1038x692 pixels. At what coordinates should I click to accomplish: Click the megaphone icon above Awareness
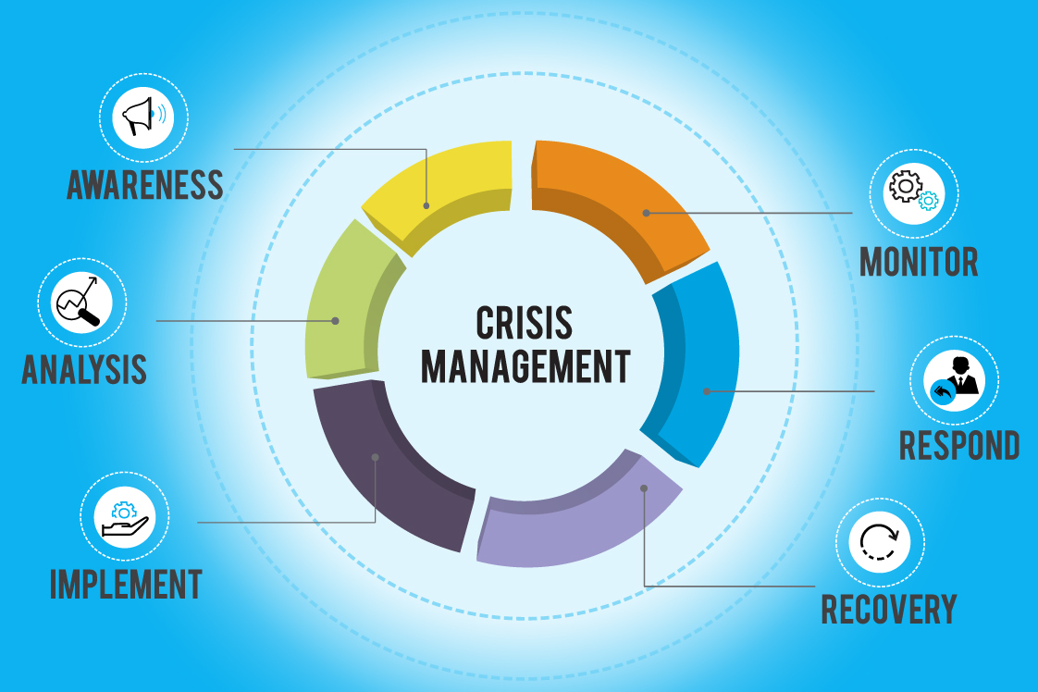(143, 117)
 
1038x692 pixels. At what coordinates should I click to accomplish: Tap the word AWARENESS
(145, 185)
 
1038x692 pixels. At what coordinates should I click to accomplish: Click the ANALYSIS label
(84, 368)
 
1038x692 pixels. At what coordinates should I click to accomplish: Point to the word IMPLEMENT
(126, 584)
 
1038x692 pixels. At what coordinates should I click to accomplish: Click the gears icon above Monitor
(913, 192)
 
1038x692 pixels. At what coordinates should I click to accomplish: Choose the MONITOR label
(919, 262)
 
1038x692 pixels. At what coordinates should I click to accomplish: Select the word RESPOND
(959, 445)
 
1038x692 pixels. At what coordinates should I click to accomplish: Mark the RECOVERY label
(889, 609)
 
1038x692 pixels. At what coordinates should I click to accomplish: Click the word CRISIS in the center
(524, 323)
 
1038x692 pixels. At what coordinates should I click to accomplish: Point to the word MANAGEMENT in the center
(525, 365)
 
